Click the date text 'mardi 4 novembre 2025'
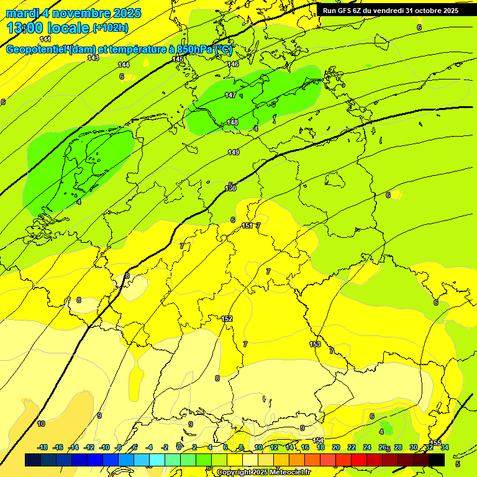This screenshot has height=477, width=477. click(73, 13)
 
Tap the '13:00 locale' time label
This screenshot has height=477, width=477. click(48, 28)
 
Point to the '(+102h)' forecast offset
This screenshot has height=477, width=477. click(111, 28)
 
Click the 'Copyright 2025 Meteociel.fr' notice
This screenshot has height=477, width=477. click(263, 472)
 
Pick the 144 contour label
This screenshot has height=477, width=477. click(124, 65)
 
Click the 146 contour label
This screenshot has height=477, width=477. click(233, 64)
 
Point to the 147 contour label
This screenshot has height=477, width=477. click(230, 95)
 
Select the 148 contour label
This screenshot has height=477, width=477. click(232, 122)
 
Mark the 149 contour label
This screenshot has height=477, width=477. click(234, 152)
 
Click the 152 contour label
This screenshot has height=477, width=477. click(227, 319)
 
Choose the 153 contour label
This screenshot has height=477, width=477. click(315, 344)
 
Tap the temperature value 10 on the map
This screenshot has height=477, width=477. click(41, 424)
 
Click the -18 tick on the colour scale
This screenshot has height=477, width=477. click(43, 447)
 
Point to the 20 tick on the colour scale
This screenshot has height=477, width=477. click(336, 447)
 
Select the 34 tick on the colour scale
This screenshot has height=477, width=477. click(445, 447)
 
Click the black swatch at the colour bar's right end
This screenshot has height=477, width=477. click(437, 460)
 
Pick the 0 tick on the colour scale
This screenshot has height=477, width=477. click(179, 447)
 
